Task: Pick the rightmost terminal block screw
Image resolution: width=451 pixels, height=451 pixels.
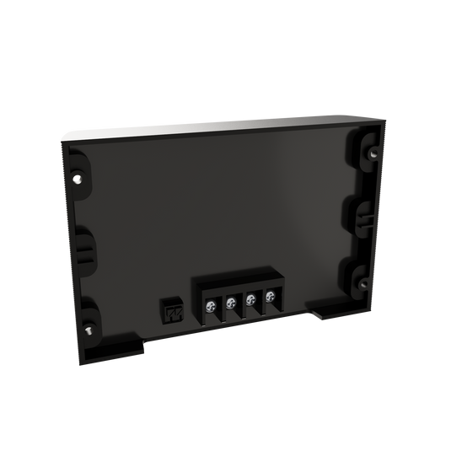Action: (x=270, y=295)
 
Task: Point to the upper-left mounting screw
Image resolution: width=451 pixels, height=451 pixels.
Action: (x=78, y=178)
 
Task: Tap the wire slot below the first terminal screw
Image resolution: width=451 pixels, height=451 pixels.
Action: (x=210, y=321)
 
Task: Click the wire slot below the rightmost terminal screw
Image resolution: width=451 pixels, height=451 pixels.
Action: (x=271, y=311)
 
